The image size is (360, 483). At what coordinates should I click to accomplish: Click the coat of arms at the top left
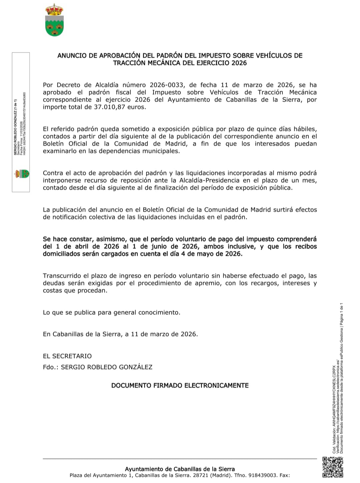point(54,20)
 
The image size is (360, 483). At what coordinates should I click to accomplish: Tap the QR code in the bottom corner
point(333,467)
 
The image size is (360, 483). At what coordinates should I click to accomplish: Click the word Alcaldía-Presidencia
point(209,180)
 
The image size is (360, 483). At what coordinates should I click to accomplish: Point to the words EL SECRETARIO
point(67,356)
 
